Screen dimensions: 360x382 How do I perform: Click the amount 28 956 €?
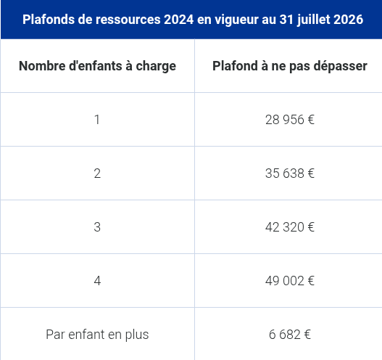coord(289,120)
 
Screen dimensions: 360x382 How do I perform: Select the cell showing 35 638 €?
coord(289,173)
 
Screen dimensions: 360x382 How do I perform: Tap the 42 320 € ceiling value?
coord(289,227)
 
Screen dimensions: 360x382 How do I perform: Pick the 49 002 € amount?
coord(289,281)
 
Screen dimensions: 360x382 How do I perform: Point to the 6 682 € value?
coord(289,335)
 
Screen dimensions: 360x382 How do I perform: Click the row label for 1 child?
coord(97,120)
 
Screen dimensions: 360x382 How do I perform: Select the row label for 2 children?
coord(97,173)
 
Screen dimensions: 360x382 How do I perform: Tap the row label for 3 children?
coord(97,227)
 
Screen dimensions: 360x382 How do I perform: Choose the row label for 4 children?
coord(97,281)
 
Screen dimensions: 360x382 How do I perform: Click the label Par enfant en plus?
coord(97,335)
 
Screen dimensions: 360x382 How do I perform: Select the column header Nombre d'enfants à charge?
coord(97,66)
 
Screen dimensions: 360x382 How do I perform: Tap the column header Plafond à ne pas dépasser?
coord(289,66)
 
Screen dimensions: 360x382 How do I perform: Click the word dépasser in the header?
coord(341,66)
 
